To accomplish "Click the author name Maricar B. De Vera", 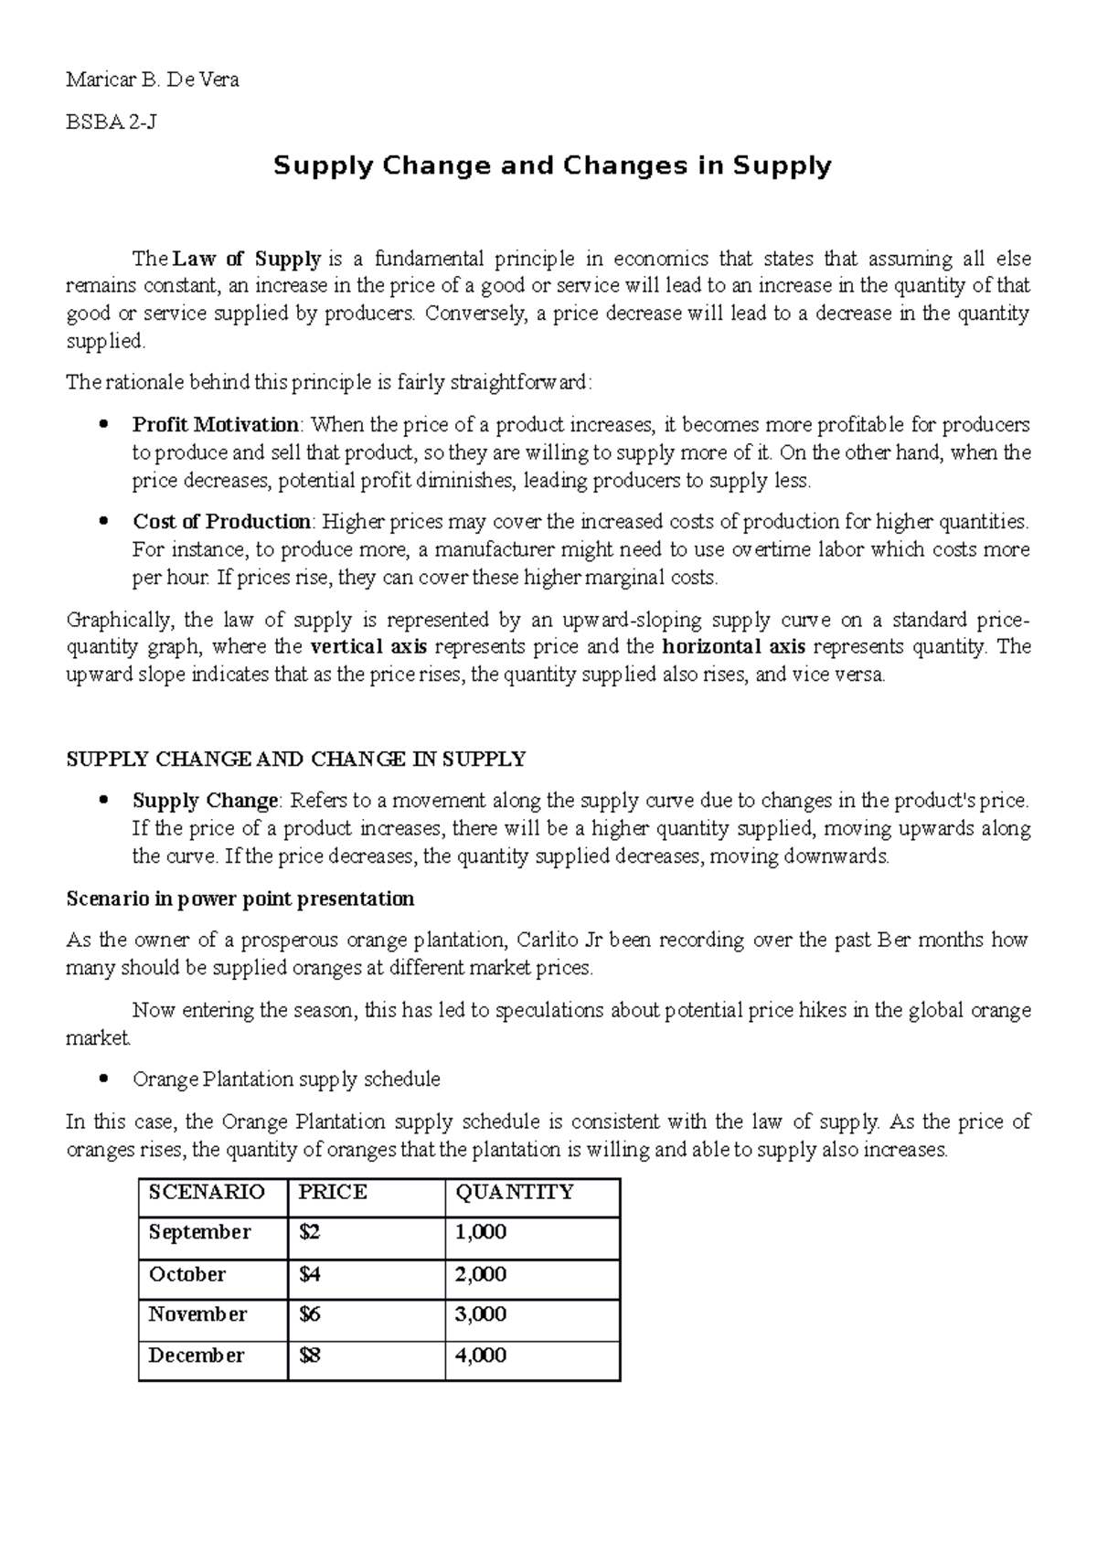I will coord(153,80).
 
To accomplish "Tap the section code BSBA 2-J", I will coord(111,122).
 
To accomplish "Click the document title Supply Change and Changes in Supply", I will coord(552,166).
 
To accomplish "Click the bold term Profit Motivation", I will coord(216,425).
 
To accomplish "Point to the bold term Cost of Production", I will coord(222,522).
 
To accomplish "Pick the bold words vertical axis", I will coord(369,647).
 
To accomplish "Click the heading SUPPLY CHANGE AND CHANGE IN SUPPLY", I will coord(296,760).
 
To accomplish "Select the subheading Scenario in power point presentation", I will coord(240,898).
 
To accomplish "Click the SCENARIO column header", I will coord(207,1192).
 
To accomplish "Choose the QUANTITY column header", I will coord(515,1192).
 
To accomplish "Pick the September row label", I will coord(199,1232).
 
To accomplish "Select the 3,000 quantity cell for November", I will coord(481,1314).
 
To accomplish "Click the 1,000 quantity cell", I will coord(481,1232).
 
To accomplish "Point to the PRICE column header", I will coord(333,1192).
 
